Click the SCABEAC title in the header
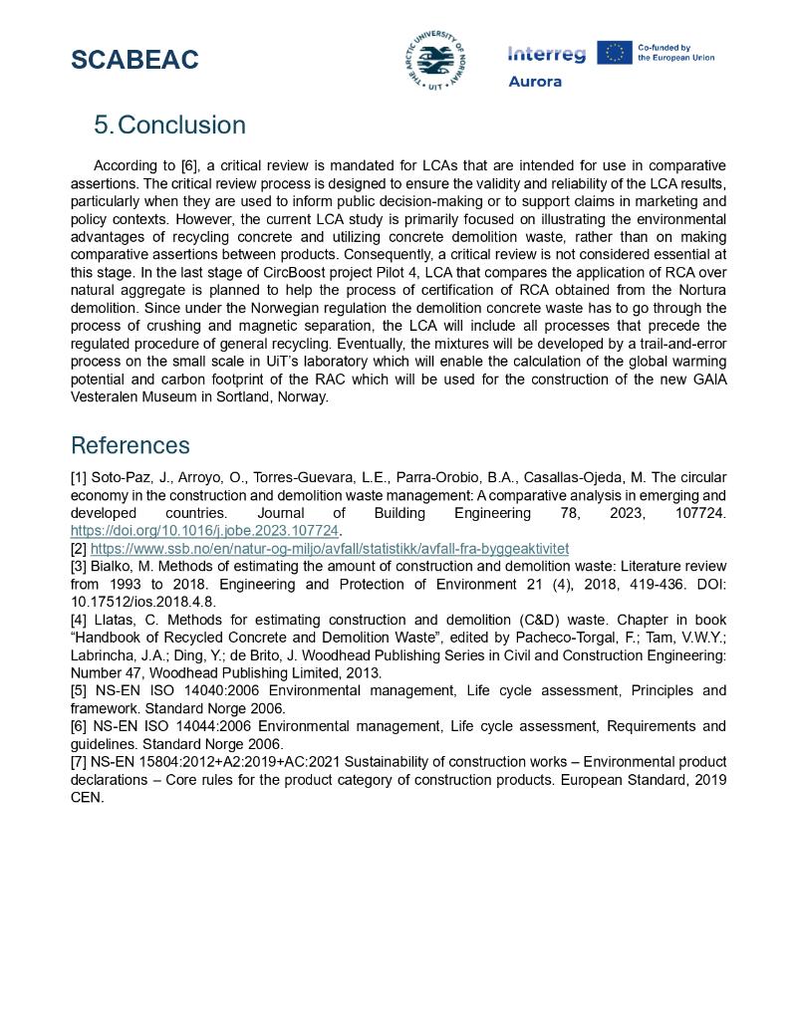(134, 60)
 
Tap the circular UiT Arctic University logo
(434, 60)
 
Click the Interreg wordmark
(547, 54)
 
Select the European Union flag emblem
(615, 53)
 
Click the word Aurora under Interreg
(535, 82)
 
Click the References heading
(130, 445)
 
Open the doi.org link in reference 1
(204, 530)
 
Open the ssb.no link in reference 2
(330, 548)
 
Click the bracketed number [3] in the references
(79, 566)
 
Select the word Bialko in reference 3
(114, 566)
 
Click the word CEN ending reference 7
(87, 798)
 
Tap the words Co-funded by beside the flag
(664, 47)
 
